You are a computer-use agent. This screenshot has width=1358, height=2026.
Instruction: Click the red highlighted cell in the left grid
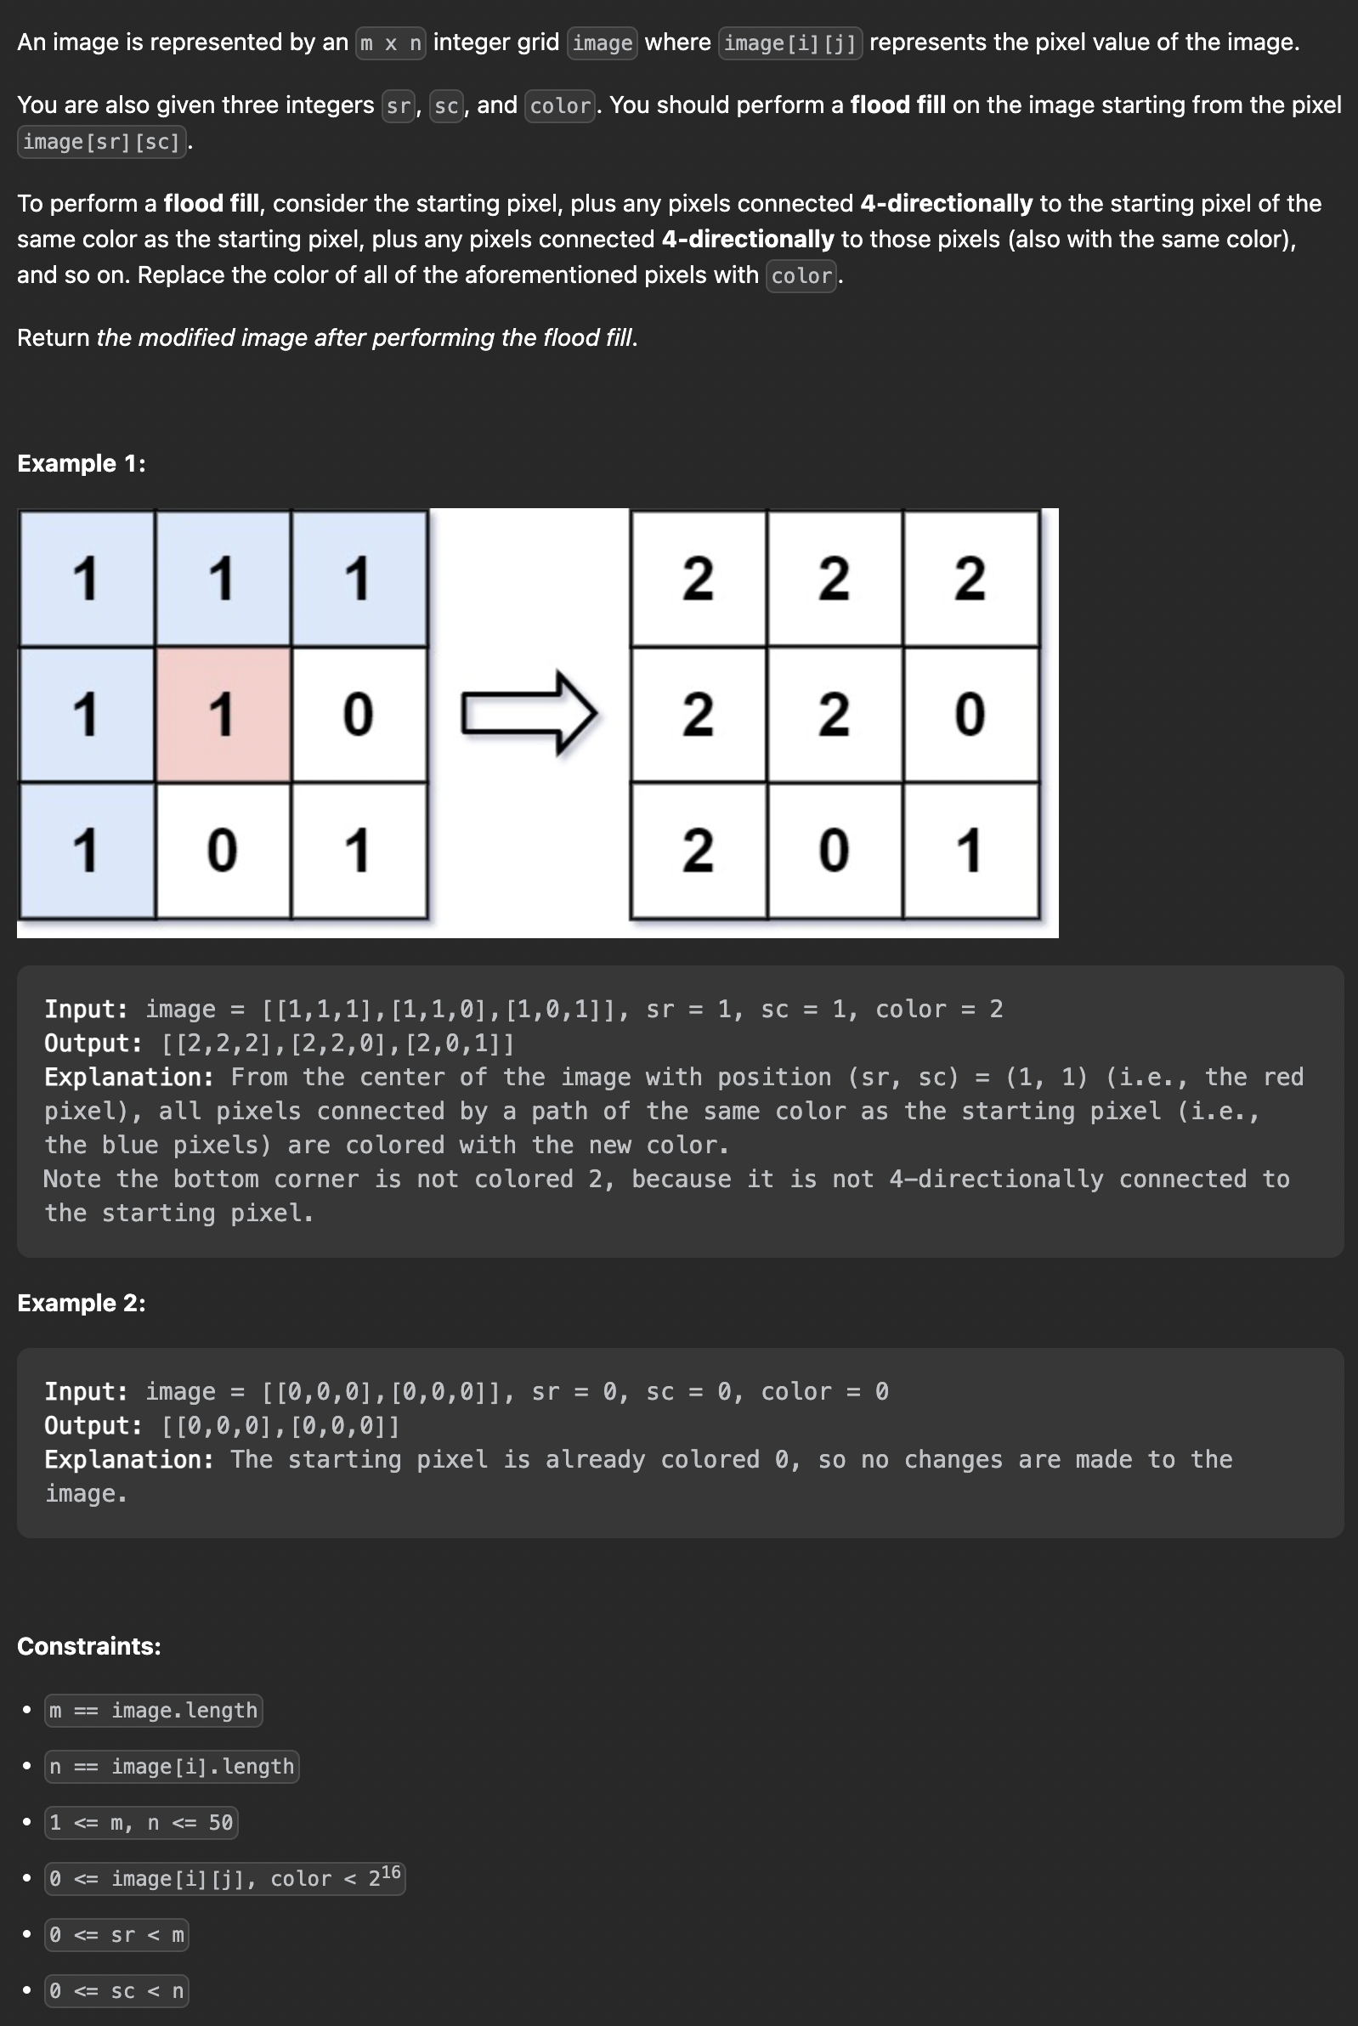point(223,714)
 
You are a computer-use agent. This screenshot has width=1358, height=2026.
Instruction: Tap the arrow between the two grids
point(529,713)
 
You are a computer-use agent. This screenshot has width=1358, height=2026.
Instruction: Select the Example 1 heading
point(82,463)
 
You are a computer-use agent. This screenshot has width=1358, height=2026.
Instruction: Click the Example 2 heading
point(82,1303)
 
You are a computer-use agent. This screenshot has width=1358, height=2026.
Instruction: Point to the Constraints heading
point(89,1646)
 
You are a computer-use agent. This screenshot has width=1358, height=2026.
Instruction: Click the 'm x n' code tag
point(391,43)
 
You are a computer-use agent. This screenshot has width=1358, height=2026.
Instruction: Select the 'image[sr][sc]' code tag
point(101,141)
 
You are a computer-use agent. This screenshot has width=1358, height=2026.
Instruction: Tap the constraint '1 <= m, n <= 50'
point(141,1822)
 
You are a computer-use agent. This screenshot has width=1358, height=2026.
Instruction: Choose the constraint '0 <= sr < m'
point(117,1935)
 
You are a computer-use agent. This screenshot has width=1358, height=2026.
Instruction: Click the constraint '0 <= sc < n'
point(117,1990)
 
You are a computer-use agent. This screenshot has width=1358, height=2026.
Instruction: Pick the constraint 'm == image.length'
point(153,1710)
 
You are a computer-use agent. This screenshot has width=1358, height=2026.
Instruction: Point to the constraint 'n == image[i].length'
point(172,1766)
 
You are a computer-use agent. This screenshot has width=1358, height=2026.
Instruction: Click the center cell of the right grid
point(834,714)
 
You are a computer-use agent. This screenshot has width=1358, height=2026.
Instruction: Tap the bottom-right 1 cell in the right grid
point(970,850)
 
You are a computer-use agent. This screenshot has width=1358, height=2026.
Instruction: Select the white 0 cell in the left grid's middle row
point(359,714)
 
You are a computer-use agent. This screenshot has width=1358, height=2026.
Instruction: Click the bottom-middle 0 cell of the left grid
point(223,850)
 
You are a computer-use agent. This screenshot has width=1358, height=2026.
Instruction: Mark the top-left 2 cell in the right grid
point(698,578)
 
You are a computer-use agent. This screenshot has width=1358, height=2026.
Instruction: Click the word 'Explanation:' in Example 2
point(129,1459)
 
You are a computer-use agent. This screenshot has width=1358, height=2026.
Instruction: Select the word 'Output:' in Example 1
point(93,1043)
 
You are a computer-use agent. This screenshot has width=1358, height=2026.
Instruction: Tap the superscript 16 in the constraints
point(391,1872)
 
